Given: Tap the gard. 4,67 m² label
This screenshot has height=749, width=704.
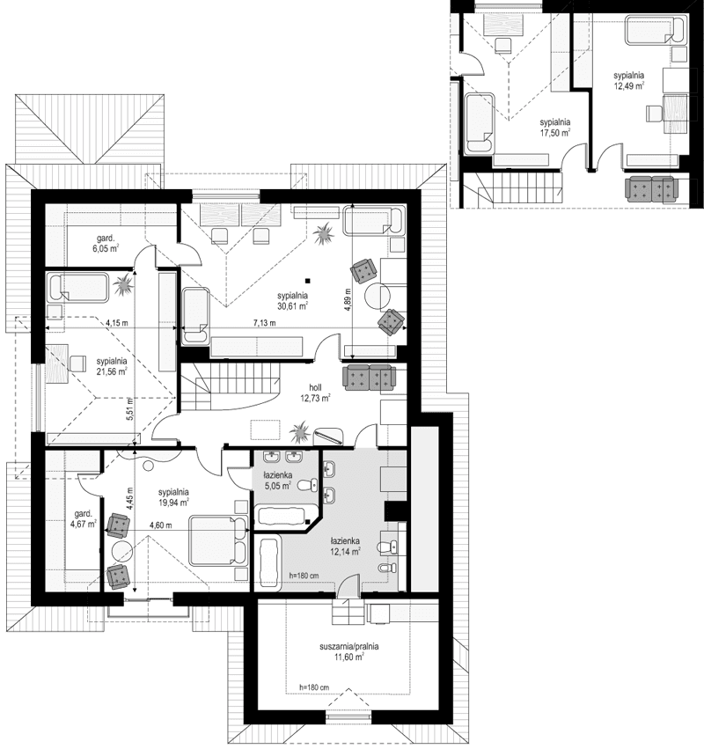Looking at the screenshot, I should tap(83, 519).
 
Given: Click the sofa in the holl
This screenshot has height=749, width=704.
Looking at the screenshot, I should tap(369, 377).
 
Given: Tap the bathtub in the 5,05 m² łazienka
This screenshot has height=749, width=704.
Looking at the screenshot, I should tap(280, 515).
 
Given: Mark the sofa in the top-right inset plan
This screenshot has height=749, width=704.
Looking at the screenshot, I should tap(650, 187).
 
